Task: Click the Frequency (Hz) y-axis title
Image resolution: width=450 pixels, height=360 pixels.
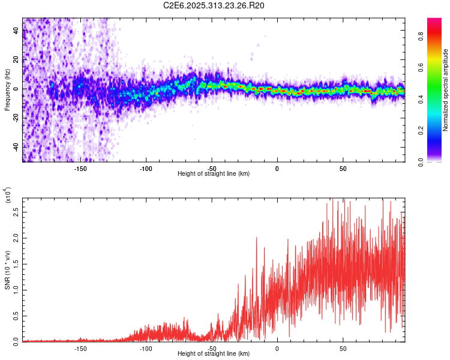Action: tap(7, 90)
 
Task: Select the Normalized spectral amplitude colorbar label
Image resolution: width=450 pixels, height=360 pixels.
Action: tap(445, 90)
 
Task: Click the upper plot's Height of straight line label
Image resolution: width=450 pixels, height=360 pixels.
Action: tap(214, 173)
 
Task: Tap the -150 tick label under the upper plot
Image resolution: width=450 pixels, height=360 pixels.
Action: tap(80, 168)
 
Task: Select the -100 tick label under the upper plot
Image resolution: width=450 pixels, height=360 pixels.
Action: tap(146, 168)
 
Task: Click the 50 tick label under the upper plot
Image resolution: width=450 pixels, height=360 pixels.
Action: tap(343, 168)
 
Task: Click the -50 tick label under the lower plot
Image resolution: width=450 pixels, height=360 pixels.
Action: tap(211, 348)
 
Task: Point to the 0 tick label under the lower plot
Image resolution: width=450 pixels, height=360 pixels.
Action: tap(277, 348)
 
